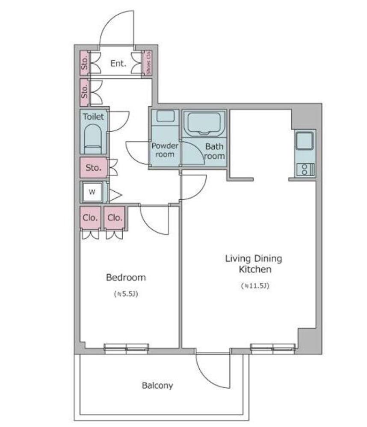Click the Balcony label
tap(157, 385)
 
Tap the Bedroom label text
tap(126, 278)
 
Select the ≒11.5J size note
tap(255, 286)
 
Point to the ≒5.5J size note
tap(126, 294)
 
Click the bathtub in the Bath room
tap(204, 123)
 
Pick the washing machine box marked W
tap(92, 192)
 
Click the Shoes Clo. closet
tap(148, 63)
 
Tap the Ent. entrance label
tap(118, 63)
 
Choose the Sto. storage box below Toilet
tap(93, 167)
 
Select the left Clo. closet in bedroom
tap(90, 218)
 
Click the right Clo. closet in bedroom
tap(115, 218)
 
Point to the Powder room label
tap(165, 150)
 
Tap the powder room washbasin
tap(165, 116)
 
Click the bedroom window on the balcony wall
tap(126, 349)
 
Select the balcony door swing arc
tap(207, 377)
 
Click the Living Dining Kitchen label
tap(254, 264)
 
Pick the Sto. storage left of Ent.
tap(84, 63)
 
